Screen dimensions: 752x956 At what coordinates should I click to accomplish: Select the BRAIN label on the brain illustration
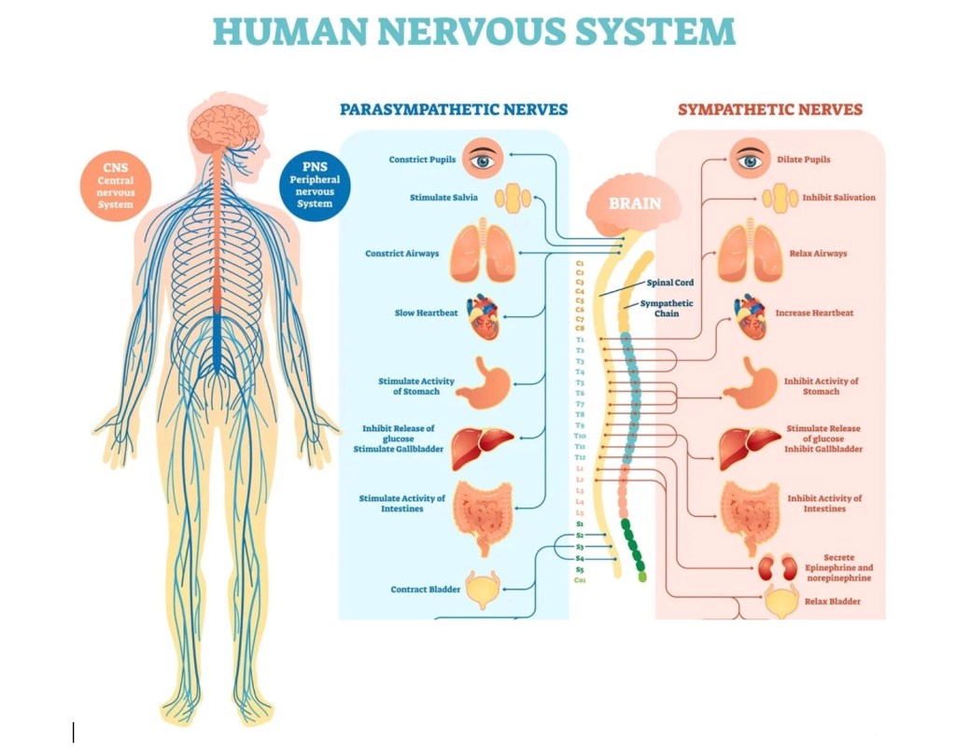coord(635,202)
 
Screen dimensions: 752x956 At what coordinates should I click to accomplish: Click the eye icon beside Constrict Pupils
coord(484,160)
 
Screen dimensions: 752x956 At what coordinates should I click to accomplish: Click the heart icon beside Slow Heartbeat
coord(486,314)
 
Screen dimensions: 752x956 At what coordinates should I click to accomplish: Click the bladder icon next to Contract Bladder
coord(484,590)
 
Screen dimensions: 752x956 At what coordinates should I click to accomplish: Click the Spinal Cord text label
coord(670,283)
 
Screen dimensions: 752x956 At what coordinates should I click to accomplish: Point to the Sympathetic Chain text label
coord(667,309)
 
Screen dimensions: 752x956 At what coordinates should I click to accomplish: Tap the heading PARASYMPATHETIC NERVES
coord(454,110)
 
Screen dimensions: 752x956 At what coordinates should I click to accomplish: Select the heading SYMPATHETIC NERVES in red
coord(770,110)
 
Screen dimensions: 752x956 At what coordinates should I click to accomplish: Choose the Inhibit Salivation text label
coord(838,198)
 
